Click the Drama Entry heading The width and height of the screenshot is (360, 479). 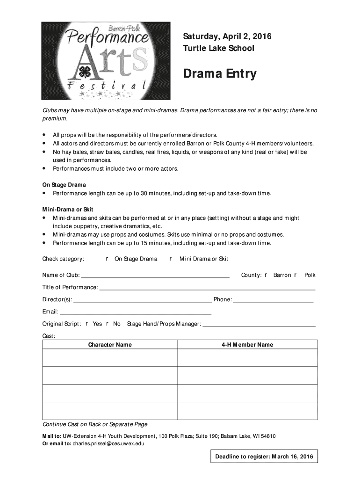(x=219, y=74)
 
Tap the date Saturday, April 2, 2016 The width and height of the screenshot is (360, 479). (x=227, y=36)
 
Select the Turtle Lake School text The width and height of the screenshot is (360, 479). (x=218, y=48)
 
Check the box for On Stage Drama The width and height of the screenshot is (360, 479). (x=107, y=259)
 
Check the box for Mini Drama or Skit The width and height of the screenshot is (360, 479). (x=170, y=259)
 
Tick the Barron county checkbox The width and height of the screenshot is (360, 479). (x=266, y=275)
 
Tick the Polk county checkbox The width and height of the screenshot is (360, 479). (x=295, y=275)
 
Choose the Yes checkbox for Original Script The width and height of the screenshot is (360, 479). (x=87, y=324)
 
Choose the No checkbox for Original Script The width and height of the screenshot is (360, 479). (x=108, y=324)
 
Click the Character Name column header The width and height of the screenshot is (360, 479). (x=110, y=345)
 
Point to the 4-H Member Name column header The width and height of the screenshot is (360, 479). (x=247, y=345)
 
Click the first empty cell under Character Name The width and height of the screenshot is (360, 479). (x=110, y=358)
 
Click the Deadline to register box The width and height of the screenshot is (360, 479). (x=264, y=457)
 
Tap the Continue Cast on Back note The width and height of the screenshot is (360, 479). (x=95, y=424)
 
